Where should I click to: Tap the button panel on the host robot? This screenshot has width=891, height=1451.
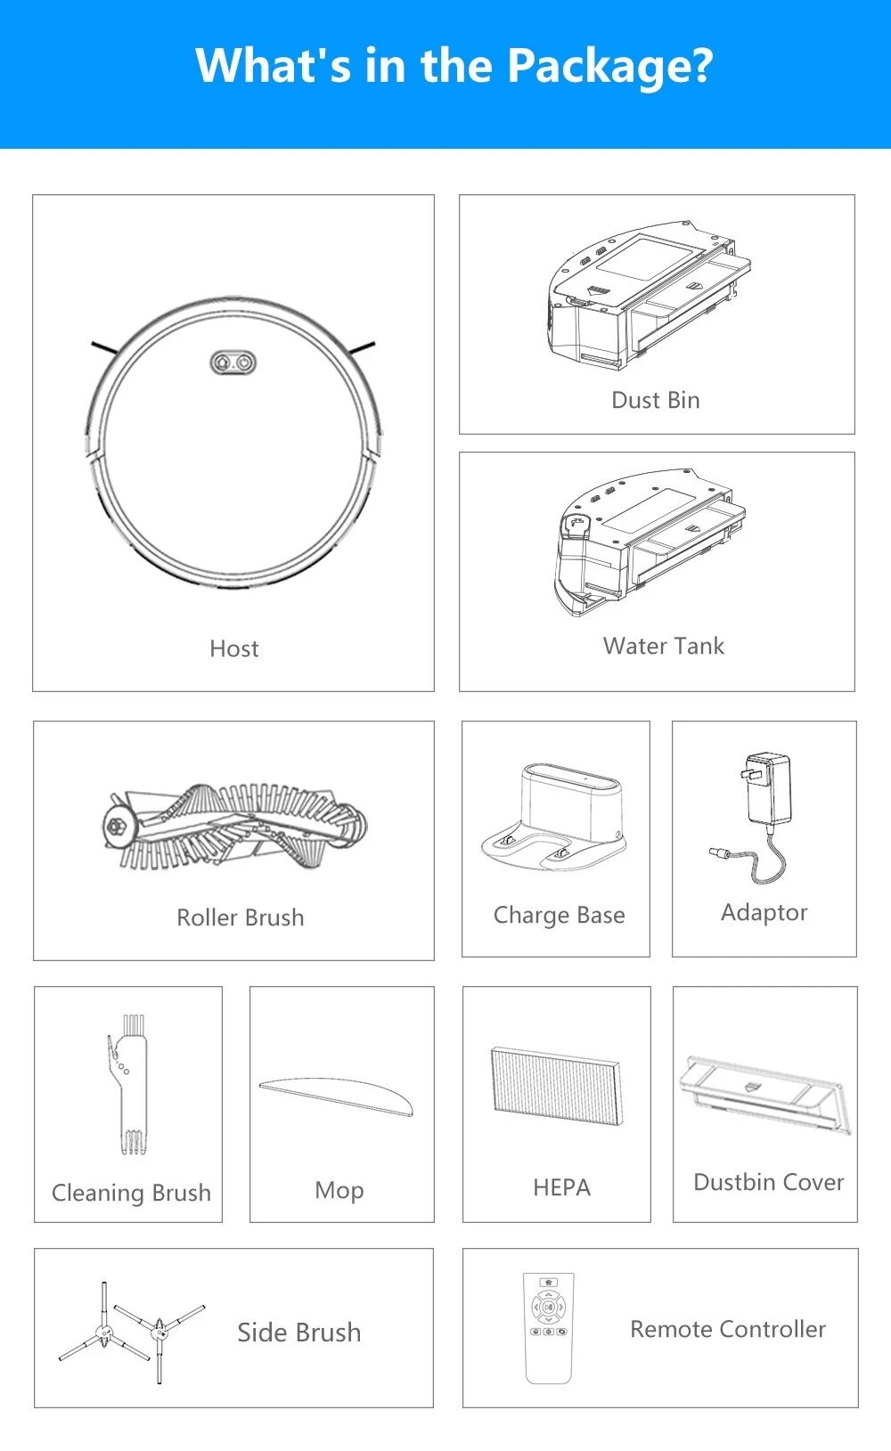[233, 363]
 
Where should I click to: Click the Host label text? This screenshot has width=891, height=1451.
[234, 648]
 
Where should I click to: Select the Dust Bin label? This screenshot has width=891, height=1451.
[656, 400]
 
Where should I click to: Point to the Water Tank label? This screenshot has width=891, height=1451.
[664, 646]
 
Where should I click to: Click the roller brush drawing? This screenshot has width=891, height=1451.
[234, 827]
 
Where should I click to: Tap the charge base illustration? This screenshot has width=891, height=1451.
[554, 817]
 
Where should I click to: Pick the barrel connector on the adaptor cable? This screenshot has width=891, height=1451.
[719, 852]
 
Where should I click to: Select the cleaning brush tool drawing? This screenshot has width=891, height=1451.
[128, 1084]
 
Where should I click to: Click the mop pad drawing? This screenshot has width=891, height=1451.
[336, 1096]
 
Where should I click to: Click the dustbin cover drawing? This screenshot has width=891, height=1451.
[765, 1094]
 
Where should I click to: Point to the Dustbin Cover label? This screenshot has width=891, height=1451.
[769, 1182]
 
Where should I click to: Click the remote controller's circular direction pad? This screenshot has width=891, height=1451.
[548, 1307]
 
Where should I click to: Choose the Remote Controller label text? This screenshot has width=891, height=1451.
[728, 1329]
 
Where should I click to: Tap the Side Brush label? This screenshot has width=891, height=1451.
[298, 1333]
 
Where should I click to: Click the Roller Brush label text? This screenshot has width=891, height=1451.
[241, 917]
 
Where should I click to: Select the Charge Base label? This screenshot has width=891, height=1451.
[560, 916]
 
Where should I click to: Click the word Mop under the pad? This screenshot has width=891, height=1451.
[339, 1191]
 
